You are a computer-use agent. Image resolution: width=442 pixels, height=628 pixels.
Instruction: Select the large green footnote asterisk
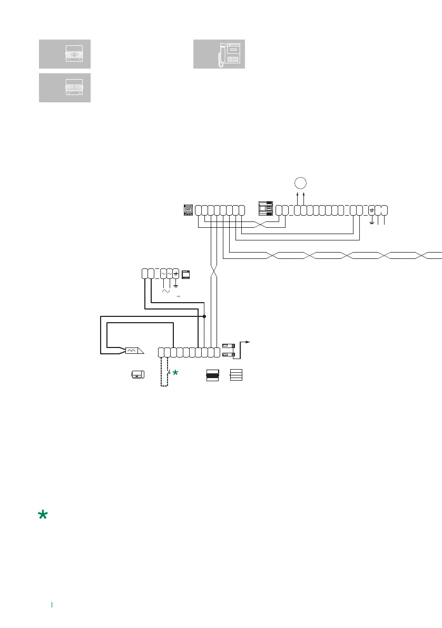coord(43,516)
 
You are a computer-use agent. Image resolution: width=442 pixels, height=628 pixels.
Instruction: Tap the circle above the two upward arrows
coord(300,183)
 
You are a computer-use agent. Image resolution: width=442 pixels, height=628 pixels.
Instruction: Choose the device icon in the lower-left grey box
coord(73,88)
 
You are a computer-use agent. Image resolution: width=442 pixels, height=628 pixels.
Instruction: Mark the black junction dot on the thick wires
coord(204,316)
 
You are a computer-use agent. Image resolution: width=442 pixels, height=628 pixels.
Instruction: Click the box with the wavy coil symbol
coord(132,351)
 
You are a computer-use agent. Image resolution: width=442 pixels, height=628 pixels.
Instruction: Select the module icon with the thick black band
coord(212,375)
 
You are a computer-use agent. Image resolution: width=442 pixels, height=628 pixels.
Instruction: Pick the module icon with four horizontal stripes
coord(236,375)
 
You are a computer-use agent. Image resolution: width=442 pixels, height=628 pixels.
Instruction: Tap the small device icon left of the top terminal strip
coord(187,209)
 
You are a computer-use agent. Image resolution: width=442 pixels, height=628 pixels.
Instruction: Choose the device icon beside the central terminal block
coord(266,209)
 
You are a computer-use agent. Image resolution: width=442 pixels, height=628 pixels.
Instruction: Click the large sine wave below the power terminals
coord(166,291)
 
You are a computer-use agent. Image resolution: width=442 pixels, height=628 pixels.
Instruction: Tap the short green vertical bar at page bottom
coord(52,604)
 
